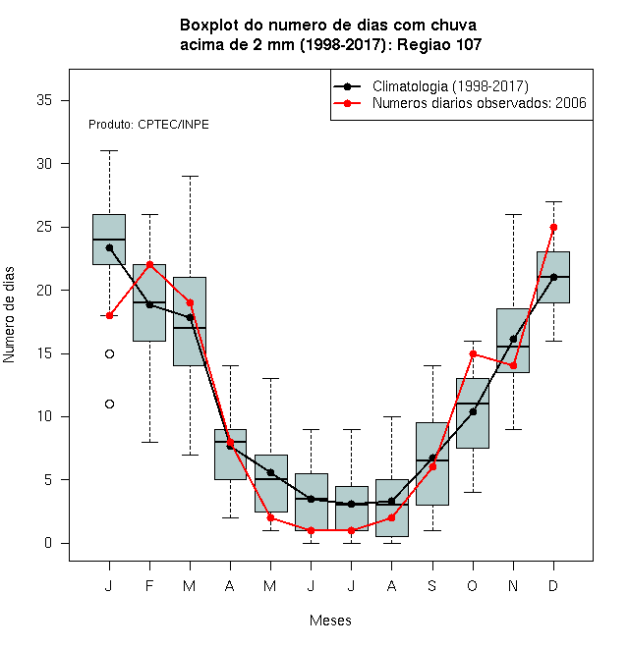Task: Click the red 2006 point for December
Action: point(553,228)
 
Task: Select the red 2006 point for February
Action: point(149,264)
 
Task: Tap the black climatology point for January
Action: point(109,248)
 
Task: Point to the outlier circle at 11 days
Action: point(109,405)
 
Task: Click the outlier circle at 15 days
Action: point(109,353)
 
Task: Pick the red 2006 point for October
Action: point(473,353)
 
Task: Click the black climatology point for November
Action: point(514,339)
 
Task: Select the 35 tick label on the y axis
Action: point(44,100)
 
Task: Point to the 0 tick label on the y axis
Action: point(48,543)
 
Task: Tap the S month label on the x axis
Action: point(432,586)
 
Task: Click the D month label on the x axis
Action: point(553,586)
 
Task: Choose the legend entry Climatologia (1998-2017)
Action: point(450,86)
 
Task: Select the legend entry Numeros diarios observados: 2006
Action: point(480,103)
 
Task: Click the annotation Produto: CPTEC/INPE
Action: point(148,125)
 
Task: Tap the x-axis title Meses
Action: point(330,621)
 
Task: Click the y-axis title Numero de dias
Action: point(9,315)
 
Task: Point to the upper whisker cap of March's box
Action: point(191,176)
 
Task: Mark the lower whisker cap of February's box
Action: point(149,442)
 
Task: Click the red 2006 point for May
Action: point(270,517)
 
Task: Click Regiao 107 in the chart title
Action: point(439,44)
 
